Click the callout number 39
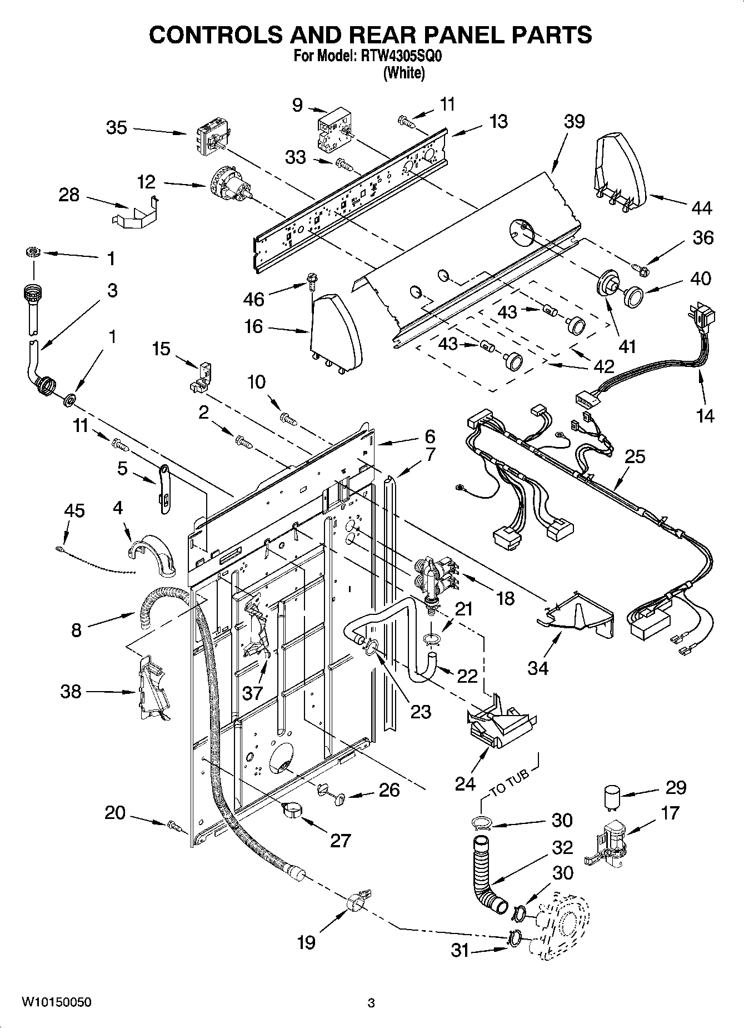(574, 121)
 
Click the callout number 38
(71, 692)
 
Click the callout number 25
(635, 456)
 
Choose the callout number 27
(340, 840)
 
